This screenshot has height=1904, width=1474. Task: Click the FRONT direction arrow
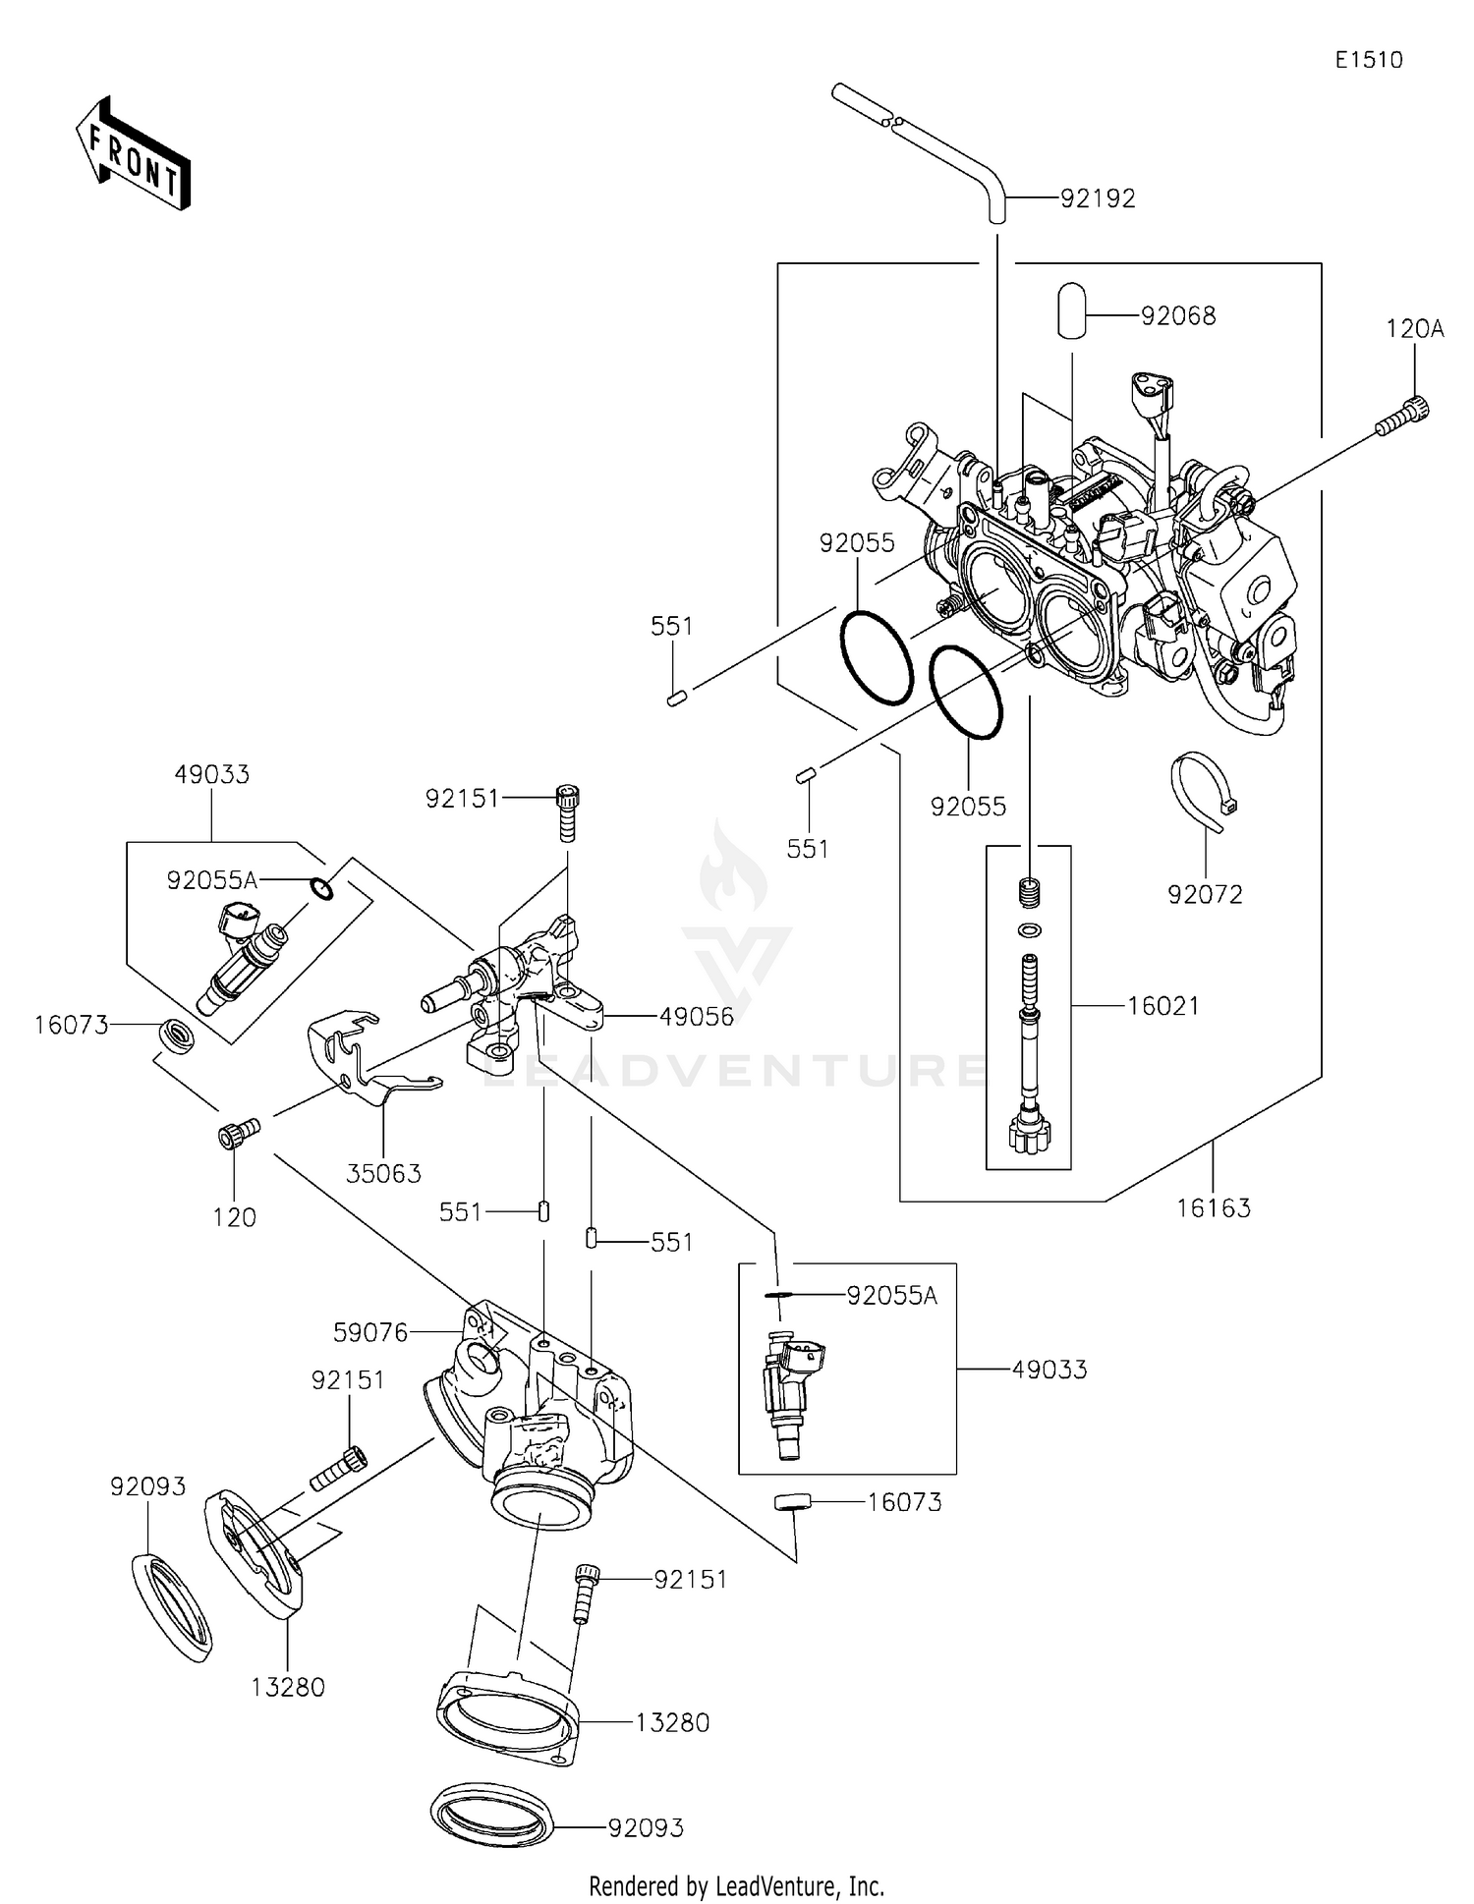[x=133, y=153]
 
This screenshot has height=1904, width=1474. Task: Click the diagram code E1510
[x=1368, y=60]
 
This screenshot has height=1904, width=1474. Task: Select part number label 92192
[x=1098, y=198]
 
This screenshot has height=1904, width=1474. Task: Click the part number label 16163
[x=1214, y=1208]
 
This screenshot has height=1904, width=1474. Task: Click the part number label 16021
[x=1162, y=1006]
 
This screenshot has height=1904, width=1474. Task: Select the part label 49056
[x=697, y=1017]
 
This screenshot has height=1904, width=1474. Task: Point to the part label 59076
[x=370, y=1333]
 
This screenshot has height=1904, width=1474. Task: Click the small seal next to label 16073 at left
[x=179, y=1036]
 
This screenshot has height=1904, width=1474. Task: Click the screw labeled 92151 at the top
[x=567, y=812]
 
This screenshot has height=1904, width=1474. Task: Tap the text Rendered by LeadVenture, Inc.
[x=736, y=1885]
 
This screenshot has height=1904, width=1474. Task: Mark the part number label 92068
[x=1178, y=316]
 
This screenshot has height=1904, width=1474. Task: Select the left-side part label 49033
[x=212, y=774]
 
